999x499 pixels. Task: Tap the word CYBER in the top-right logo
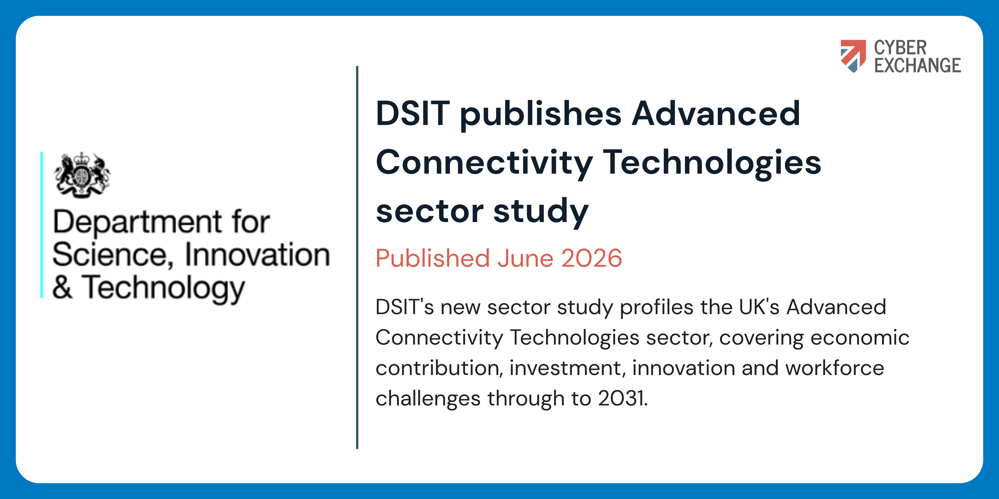coord(900,48)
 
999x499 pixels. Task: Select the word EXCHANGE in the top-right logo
coord(917,65)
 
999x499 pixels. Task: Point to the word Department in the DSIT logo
coord(138,222)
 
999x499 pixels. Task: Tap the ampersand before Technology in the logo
coord(62,287)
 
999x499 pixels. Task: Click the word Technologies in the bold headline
coord(712,163)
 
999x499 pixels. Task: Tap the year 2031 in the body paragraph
coord(623,398)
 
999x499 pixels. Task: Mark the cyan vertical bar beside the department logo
coord(41,225)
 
